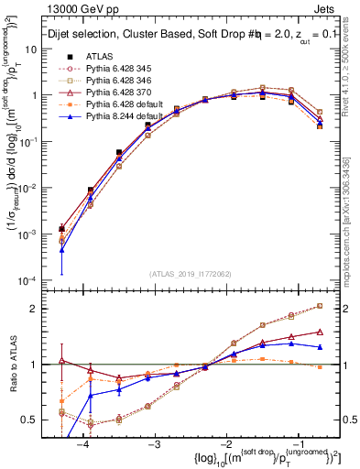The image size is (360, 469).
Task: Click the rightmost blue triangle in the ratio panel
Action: tap(320, 347)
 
